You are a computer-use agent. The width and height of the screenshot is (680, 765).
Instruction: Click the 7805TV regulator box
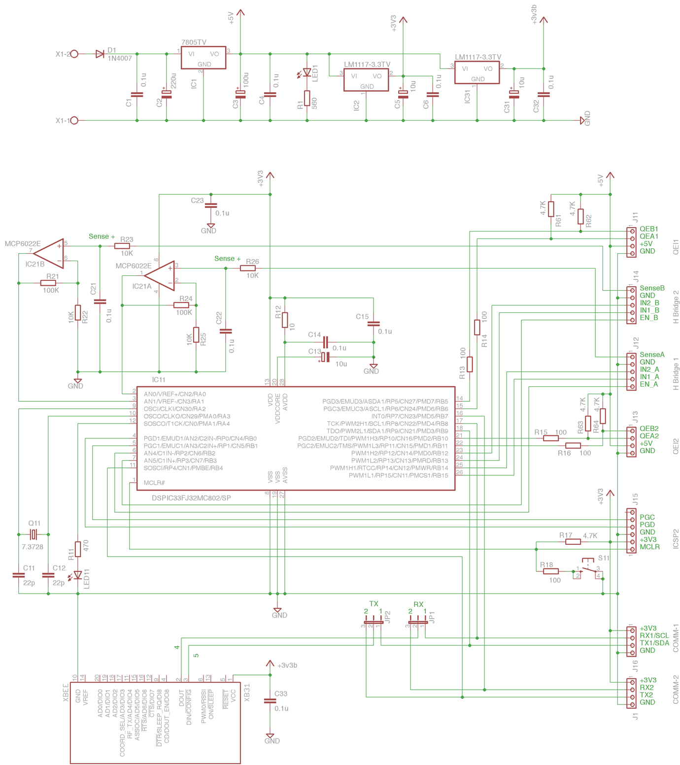tap(203, 58)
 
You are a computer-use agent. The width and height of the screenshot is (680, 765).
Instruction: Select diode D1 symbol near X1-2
tap(100, 54)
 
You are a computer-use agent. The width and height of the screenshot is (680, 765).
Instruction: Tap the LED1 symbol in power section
tap(307, 73)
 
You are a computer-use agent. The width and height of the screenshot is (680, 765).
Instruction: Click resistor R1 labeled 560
tap(307, 99)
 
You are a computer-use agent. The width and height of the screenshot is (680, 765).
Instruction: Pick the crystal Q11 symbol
tap(34, 534)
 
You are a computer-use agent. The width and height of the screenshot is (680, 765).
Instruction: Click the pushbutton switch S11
tap(588, 569)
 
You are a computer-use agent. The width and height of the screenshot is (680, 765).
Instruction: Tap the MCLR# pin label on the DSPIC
tap(154, 483)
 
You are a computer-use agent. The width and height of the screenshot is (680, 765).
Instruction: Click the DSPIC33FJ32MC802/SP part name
tap(191, 498)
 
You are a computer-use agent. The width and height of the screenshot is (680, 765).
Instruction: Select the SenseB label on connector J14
tap(652, 288)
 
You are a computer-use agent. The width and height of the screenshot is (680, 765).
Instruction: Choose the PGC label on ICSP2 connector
tap(647, 517)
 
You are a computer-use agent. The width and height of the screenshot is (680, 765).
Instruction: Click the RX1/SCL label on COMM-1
tap(654, 635)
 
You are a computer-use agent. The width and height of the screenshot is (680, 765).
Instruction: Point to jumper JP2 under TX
tap(373, 623)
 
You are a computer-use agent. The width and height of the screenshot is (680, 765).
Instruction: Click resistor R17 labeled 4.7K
tap(573, 542)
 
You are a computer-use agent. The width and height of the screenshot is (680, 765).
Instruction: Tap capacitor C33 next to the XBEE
tap(270, 700)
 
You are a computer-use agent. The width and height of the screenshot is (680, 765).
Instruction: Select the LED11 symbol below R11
tap(78, 575)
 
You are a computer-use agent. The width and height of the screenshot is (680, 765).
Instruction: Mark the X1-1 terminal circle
tap(74, 120)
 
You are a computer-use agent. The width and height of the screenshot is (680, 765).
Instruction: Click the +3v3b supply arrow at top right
tap(544, 21)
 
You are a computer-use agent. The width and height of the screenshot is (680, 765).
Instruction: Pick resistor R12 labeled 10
tap(285, 320)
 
